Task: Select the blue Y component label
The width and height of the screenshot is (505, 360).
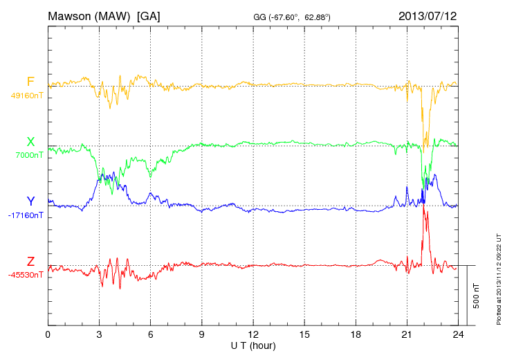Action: click(x=30, y=201)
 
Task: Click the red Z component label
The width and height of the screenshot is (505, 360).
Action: click(x=30, y=261)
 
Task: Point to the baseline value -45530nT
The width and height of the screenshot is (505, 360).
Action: click(x=26, y=275)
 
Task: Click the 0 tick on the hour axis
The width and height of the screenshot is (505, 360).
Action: click(x=48, y=334)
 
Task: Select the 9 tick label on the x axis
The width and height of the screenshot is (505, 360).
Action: click(x=201, y=334)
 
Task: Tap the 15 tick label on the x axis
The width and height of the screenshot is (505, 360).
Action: click(x=304, y=334)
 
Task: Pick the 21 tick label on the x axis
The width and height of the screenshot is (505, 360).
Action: click(x=406, y=334)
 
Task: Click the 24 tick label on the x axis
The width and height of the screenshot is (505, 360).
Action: click(x=457, y=334)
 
